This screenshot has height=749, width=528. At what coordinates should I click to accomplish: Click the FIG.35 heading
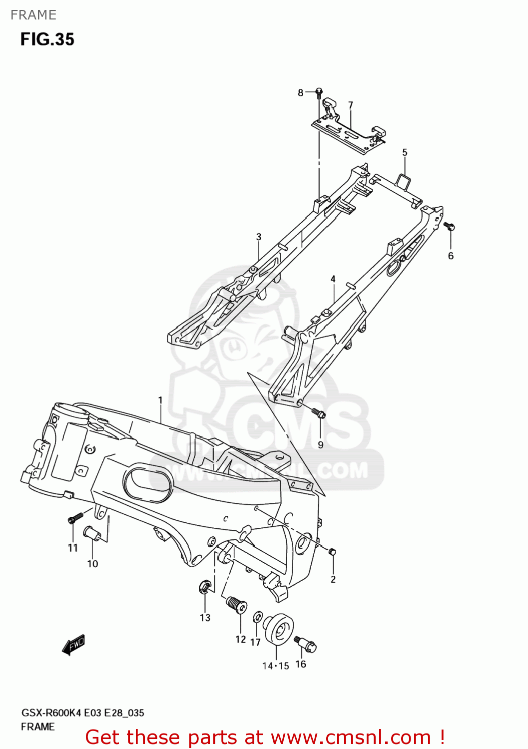coord(47,39)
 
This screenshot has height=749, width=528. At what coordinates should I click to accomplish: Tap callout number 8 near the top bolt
coord(301,92)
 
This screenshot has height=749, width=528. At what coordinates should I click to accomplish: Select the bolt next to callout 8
coord(319,92)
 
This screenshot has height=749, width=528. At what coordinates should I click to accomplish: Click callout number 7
coord(351,105)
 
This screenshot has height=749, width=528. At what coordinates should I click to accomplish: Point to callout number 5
coord(405,152)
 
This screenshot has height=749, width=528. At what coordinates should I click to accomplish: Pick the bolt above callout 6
coord(449,227)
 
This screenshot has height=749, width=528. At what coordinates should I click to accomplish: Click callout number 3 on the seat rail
coord(259,237)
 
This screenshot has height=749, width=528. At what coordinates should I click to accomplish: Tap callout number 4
coord(333,279)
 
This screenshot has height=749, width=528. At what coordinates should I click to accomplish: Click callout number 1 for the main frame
coord(160,400)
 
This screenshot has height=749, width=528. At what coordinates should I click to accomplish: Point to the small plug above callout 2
coord(332,551)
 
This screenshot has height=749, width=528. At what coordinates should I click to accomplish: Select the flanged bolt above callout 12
coord(237,605)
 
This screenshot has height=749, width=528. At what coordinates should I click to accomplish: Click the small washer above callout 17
coord(257,617)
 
